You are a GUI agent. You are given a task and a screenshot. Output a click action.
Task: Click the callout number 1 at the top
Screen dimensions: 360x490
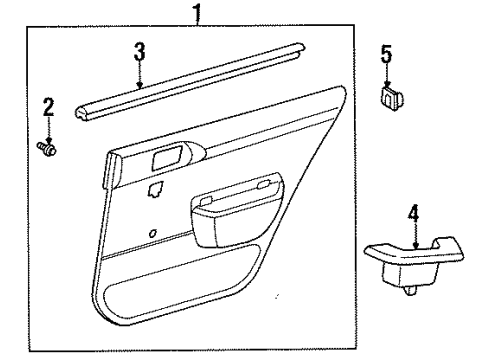coord(196,13)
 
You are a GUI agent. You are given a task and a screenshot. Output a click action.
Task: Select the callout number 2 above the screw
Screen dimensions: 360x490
coord(46,107)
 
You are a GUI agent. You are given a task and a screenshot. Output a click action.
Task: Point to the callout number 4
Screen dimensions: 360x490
coord(413,212)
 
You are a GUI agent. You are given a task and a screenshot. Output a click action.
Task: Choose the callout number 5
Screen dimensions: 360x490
coord(387,53)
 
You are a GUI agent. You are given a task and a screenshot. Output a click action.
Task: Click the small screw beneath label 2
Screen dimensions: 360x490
coord(47,149)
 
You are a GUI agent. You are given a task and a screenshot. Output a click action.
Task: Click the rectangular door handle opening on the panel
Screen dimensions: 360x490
coord(166,157)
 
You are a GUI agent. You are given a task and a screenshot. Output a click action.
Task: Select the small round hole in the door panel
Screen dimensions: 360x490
coord(151,233)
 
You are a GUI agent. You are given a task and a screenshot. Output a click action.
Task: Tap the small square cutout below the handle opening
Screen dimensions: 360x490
coord(154,187)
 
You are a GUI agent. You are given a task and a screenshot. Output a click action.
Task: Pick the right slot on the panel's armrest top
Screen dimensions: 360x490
coord(265,182)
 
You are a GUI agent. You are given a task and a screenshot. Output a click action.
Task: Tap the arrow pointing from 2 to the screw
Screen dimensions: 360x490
coord(46,129)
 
